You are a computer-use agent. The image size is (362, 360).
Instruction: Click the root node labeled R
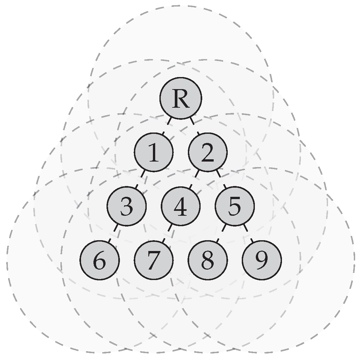181,98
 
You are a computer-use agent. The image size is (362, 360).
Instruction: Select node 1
154,152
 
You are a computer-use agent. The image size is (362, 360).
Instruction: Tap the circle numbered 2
207,152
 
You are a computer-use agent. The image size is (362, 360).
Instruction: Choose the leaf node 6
100,260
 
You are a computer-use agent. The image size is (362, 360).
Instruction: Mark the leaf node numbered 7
154,260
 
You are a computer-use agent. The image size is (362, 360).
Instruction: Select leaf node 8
207,260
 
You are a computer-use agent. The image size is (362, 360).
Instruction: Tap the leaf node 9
261,260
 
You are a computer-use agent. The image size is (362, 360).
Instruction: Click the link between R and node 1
167,125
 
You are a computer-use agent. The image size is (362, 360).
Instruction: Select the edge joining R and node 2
194,125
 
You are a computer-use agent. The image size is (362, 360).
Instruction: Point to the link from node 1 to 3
140,179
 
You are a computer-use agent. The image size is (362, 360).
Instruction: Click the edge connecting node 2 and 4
194,179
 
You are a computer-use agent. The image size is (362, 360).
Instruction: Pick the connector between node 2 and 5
221,179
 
